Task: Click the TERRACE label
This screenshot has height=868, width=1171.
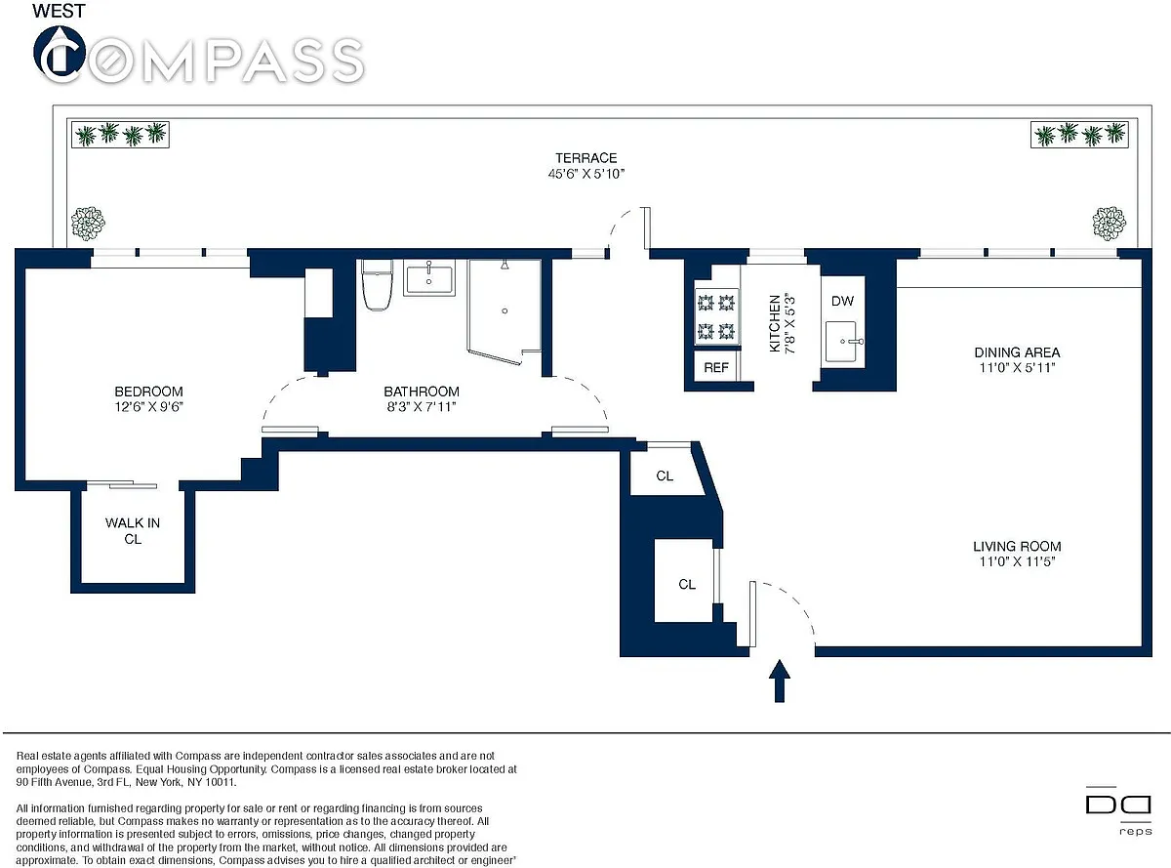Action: tap(585, 158)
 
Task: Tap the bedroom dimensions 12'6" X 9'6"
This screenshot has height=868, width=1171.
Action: tap(148, 406)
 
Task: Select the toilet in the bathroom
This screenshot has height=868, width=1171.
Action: tap(377, 284)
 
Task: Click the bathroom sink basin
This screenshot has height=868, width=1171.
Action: tap(428, 278)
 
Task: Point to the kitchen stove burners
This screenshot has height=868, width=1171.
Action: tap(716, 317)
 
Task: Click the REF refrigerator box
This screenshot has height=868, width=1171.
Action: tap(716, 367)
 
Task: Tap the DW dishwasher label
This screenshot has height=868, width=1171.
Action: tap(842, 301)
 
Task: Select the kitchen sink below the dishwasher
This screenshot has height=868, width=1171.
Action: tap(842, 342)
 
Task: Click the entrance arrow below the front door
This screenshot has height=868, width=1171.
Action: tap(780, 681)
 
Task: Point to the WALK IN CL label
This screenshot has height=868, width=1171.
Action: tap(133, 530)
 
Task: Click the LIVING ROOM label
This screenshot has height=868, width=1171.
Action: tap(1017, 546)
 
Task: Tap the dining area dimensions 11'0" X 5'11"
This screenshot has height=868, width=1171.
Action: tap(1017, 367)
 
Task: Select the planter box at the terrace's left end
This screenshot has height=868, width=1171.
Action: tap(120, 134)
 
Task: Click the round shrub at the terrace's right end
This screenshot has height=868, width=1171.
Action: tap(1109, 223)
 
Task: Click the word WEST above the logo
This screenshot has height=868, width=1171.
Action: tap(59, 11)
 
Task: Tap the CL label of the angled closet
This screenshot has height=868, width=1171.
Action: tap(665, 476)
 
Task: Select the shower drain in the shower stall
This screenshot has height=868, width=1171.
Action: tap(505, 310)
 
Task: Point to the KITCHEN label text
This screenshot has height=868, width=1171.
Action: tap(775, 323)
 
